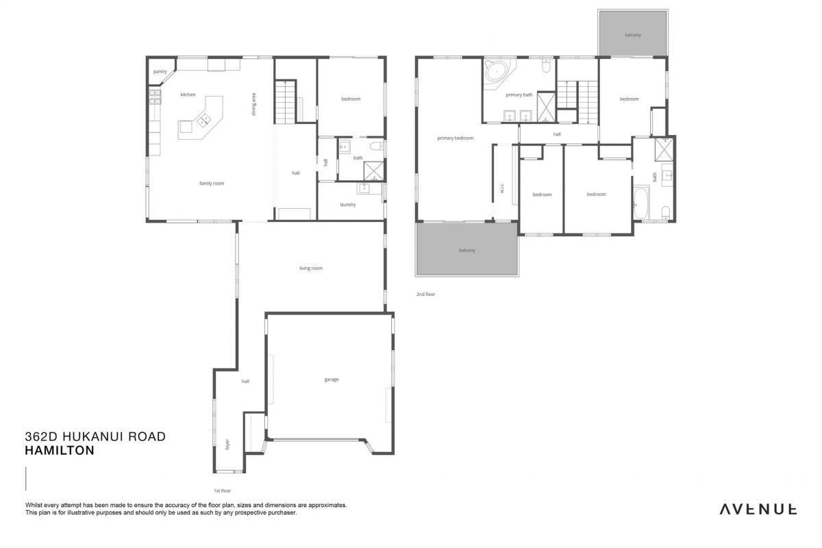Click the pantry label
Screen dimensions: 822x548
click(x=160, y=71)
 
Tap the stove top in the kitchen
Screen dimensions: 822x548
click(x=155, y=97)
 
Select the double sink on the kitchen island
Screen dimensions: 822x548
click(x=203, y=120)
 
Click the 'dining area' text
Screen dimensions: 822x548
click(x=253, y=104)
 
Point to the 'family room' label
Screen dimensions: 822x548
click(x=212, y=183)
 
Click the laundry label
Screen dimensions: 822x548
click(x=348, y=204)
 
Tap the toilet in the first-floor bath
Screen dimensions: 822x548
click(x=376, y=147)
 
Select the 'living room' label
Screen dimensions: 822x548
click(x=311, y=269)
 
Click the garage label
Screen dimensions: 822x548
click(x=332, y=379)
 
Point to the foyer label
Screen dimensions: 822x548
click(x=227, y=444)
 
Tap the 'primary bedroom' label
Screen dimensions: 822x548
click(x=456, y=138)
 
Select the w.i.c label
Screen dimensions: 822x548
click(x=502, y=188)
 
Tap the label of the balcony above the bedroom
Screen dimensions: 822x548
click(x=633, y=35)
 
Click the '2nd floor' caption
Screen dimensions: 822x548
click(x=425, y=295)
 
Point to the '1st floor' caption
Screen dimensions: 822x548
click(x=223, y=490)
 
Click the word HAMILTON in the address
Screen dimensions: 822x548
click(x=60, y=450)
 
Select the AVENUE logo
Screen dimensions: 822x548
click(x=758, y=509)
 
